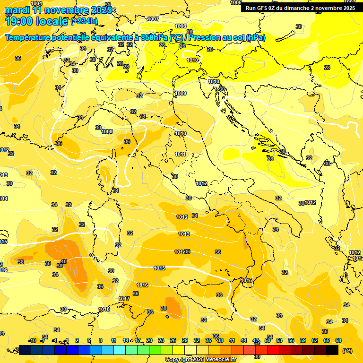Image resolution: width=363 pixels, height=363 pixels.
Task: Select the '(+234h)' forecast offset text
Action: click(84, 21)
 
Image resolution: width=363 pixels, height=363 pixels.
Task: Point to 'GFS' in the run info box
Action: click(263, 8)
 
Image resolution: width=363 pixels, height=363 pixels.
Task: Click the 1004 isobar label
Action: click(36, 3)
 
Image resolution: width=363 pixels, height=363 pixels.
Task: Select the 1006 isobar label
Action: click(235, 2)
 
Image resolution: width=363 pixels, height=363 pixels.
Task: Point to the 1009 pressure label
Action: click(180, 94)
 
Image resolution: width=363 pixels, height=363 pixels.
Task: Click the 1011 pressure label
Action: click(180, 154)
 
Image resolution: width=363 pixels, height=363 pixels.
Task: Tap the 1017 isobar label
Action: click(124, 299)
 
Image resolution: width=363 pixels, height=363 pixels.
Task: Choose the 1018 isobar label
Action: click(104, 309)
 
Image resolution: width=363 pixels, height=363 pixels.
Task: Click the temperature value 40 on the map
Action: click(64, 261)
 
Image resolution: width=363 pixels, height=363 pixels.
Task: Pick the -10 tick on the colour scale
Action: click(32, 340)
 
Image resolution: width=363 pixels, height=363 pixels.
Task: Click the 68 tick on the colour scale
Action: click(338, 340)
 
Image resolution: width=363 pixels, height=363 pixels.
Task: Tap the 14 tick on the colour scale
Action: click(126, 340)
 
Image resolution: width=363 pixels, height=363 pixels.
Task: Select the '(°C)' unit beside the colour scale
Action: click(347, 351)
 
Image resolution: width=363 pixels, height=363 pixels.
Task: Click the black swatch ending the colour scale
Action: click(332, 350)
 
